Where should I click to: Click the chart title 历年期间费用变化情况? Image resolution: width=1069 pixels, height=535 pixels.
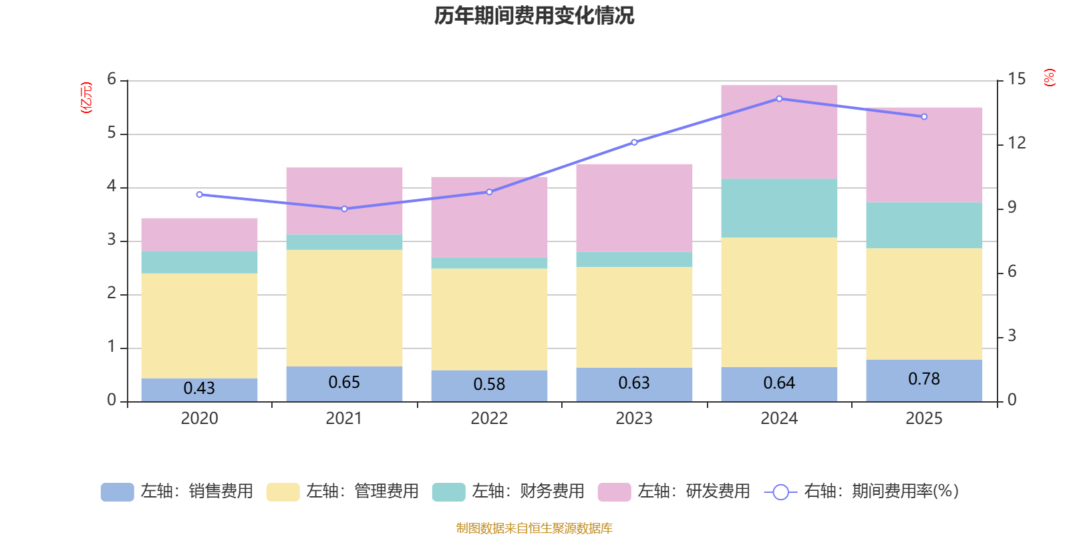534,16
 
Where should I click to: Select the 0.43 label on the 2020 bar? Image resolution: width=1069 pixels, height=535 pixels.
199,388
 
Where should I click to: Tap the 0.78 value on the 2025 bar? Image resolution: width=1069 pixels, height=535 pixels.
924,379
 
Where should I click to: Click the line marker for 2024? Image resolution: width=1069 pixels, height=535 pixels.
779,99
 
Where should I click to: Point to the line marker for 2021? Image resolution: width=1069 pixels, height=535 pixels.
345,209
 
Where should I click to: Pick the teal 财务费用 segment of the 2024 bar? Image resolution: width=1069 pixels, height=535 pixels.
779,208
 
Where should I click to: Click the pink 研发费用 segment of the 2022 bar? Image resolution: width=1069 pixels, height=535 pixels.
489,217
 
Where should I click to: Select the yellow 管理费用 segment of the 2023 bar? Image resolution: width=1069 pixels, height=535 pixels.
634,317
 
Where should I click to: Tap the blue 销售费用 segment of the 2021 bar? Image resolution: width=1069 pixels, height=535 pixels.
345,384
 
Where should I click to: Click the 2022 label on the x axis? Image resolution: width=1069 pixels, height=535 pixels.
489,419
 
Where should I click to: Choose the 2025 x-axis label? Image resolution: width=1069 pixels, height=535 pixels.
924,419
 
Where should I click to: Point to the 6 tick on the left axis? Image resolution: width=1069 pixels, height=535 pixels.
112,79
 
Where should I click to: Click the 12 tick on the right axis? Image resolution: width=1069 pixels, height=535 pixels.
1016,143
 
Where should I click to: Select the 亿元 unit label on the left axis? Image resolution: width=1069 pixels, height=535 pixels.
86,98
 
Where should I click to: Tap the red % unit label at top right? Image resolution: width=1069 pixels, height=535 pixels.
1049,78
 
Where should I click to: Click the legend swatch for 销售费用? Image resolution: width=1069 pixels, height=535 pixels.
118,492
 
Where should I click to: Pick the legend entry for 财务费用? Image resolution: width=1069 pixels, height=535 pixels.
508,492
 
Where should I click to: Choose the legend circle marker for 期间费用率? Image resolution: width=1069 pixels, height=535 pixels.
781,492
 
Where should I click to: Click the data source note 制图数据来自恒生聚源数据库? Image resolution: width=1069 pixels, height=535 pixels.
534,528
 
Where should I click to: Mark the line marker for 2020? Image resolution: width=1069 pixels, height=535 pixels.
200,195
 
